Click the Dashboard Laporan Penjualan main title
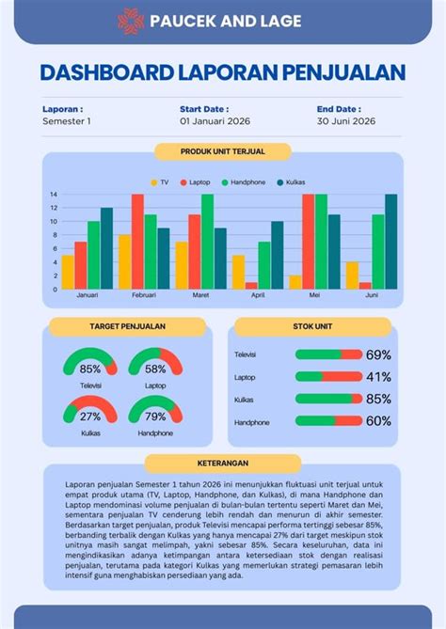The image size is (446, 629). tap(223, 73)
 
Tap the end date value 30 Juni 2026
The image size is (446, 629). tap(345, 121)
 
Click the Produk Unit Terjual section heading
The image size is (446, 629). tap(223, 150)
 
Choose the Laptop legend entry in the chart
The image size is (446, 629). tap(194, 181)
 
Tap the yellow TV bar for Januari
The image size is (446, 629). tap(68, 272)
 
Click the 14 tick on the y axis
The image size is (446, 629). tap(55, 195)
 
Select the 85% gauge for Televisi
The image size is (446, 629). tap(90, 365)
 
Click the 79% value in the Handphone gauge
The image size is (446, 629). tap(155, 417)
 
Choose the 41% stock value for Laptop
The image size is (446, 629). tap(378, 377)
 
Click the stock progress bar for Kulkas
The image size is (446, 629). tap(328, 399)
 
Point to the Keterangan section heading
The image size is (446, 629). tap(223, 464)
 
